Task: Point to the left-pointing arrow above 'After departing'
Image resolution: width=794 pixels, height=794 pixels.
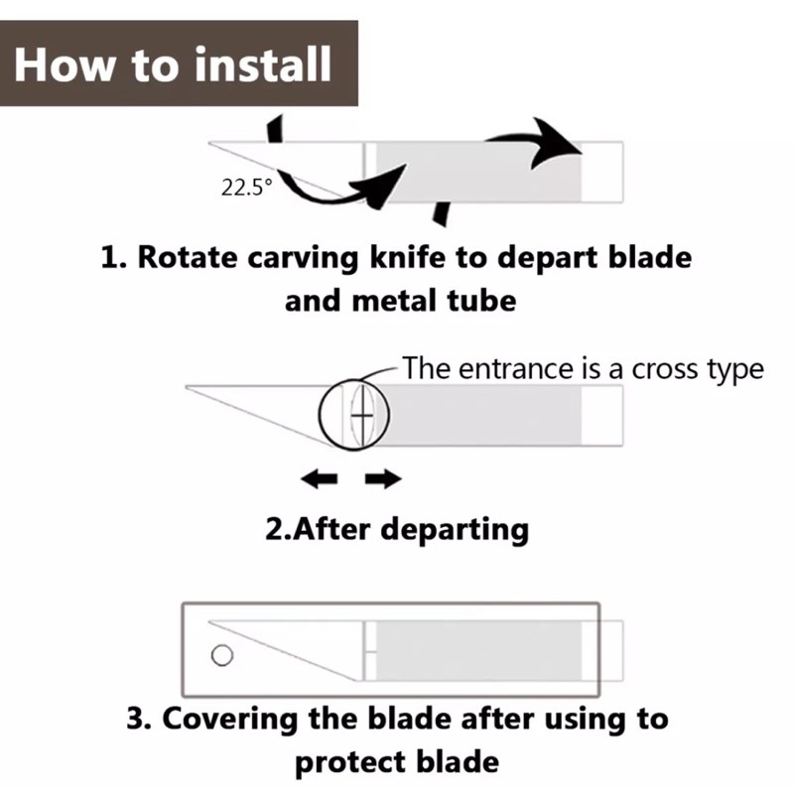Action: [319, 480]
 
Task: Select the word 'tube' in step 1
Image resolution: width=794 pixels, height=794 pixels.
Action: [482, 300]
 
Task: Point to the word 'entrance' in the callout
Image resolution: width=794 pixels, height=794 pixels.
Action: [514, 369]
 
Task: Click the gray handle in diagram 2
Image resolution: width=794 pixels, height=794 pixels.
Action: [486, 414]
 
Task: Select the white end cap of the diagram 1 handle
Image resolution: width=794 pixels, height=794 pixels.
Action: [602, 172]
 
